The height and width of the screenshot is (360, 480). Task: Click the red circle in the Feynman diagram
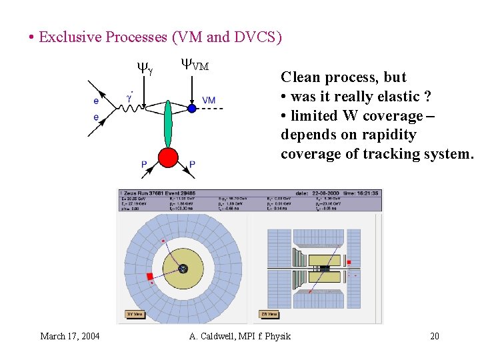point(168,157)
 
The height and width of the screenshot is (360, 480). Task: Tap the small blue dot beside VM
point(191,108)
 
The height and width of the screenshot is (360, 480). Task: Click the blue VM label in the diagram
point(209,100)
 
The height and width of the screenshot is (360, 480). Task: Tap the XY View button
point(135,314)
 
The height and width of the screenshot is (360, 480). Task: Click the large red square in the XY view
point(150,276)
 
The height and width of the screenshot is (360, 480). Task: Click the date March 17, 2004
point(70,336)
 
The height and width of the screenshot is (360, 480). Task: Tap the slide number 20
point(435,336)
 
